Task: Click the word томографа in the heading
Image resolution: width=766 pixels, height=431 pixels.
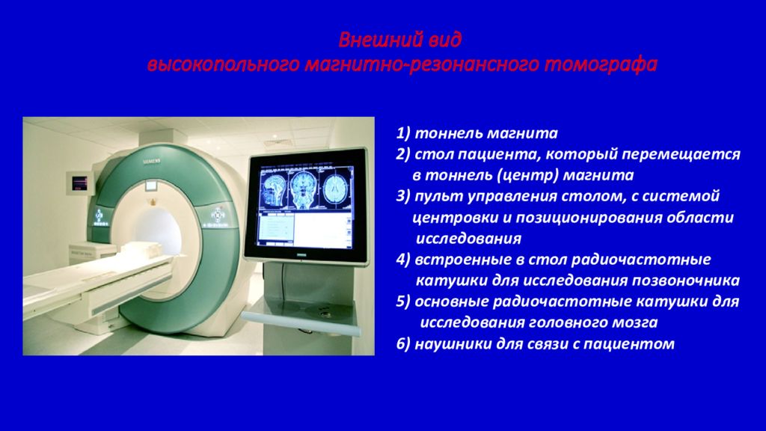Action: click(x=601, y=65)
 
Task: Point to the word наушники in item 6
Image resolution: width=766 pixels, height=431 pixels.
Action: click(x=453, y=344)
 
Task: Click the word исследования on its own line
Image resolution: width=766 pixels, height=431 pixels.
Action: click(x=468, y=239)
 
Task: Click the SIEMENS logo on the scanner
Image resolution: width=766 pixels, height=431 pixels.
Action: click(x=151, y=162)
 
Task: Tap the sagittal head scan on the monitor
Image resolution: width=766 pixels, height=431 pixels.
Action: click(x=273, y=189)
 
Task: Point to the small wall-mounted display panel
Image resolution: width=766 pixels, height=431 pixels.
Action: click(x=79, y=183)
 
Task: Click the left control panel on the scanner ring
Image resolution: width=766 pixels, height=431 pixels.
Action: click(x=99, y=217)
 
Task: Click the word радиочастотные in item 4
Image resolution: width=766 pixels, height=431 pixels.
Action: click(x=640, y=260)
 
